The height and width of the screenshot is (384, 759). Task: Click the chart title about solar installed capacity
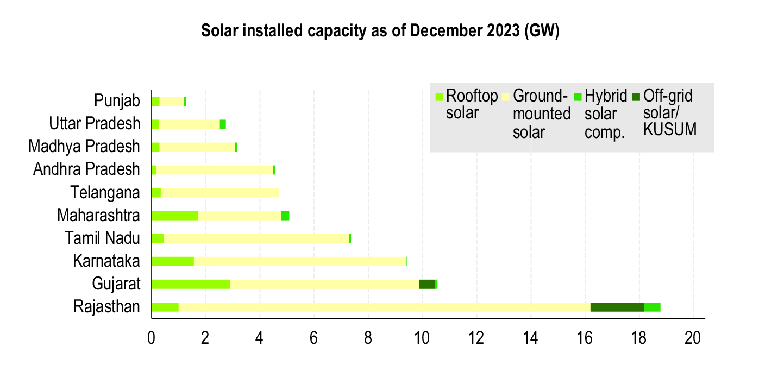click(380, 32)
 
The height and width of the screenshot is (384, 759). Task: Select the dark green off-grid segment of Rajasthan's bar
click(617, 307)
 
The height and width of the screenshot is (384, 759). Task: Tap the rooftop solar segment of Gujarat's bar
click(191, 284)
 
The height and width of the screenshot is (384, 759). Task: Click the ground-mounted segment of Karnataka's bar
click(300, 261)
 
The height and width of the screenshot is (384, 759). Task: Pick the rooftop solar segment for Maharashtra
click(174, 216)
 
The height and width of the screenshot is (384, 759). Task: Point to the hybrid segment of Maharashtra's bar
click(285, 216)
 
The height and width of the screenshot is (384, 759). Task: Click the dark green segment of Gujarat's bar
click(427, 284)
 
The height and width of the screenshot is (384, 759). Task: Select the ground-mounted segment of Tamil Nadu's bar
click(256, 238)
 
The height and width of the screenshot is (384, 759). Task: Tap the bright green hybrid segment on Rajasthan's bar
click(652, 307)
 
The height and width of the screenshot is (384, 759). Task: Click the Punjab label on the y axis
click(117, 101)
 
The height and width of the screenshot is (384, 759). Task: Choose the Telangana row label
click(105, 192)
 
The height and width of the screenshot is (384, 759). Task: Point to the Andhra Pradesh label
click(86, 169)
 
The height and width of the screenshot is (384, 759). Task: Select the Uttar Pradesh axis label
click(95, 124)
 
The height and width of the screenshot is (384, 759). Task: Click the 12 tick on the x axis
click(476, 338)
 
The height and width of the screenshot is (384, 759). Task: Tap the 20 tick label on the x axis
click(693, 338)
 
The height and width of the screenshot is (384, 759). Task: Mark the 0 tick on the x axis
click(152, 338)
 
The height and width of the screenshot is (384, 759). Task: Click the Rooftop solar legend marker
click(439, 97)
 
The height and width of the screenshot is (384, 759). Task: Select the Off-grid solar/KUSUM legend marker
click(636, 97)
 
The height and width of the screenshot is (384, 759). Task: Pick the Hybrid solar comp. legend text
click(600, 115)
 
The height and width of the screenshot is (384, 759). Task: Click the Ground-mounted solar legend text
click(541, 114)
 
